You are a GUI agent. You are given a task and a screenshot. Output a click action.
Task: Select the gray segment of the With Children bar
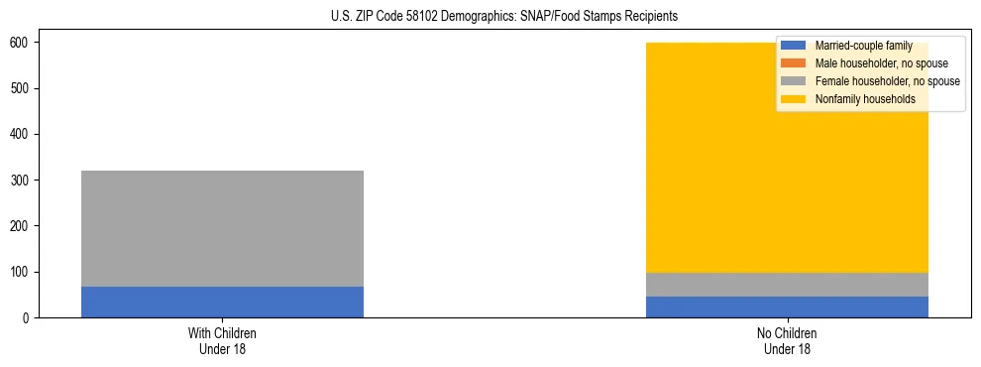pyautogui.click(x=222, y=228)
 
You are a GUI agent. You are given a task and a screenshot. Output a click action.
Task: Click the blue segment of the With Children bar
pyautogui.click(x=222, y=302)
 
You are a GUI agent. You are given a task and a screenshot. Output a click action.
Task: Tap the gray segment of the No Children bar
pyautogui.click(x=787, y=285)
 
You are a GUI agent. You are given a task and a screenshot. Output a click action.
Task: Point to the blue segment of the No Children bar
pyautogui.click(x=787, y=306)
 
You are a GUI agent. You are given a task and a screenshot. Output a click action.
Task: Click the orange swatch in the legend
pyautogui.click(x=793, y=63)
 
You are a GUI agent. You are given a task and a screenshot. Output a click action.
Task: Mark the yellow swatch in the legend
pyautogui.click(x=793, y=99)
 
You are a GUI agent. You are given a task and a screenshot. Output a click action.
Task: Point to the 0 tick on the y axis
pyautogui.click(x=27, y=317)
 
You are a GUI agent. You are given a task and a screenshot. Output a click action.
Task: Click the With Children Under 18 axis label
pyautogui.click(x=222, y=341)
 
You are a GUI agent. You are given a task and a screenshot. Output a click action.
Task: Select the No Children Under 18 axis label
pyautogui.click(x=787, y=341)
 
